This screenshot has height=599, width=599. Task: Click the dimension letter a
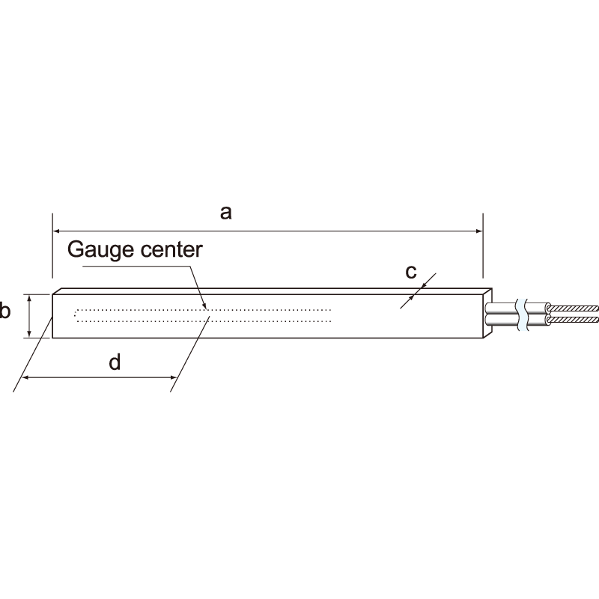pyautogui.click(x=226, y=213)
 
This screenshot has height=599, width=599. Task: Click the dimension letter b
pyautogui.click(x=4, y=310)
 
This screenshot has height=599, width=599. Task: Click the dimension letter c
pyautogui.click(x=410, y=272)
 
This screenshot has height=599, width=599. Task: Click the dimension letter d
pyautogui.click(x=115, y=362)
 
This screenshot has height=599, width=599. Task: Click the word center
pyautogui.click(x=171, y=250)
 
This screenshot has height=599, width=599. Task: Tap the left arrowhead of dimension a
pyautogui.click(x=55, y=231)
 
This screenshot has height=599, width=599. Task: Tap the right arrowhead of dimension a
pyautogui.click(x=479, y=231)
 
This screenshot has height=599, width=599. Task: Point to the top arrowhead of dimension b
pyautogui.click(x=29, y=297)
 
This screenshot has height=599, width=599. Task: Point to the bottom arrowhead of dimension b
pyautogui.click(x=29, y=334)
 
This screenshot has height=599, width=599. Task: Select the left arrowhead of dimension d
pyautogui.click(x=25, y=378)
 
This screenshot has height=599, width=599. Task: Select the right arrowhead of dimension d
pyautogui.click(x=173, y=378)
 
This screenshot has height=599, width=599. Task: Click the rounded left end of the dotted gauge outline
pyautogui.click(x=76, y=315)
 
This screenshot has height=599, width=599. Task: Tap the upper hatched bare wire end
pyautogui.click(x=573, y=308)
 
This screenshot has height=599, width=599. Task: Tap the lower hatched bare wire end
pyautogui.click(x=573, y=320)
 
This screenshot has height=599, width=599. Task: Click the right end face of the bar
pyautogui.click(x=487, y=313)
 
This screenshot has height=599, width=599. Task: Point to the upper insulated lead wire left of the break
pyautogui.click(x=501, y=308)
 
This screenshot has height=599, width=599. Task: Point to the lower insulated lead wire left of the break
pyautogui.click(x=501, y=320)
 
